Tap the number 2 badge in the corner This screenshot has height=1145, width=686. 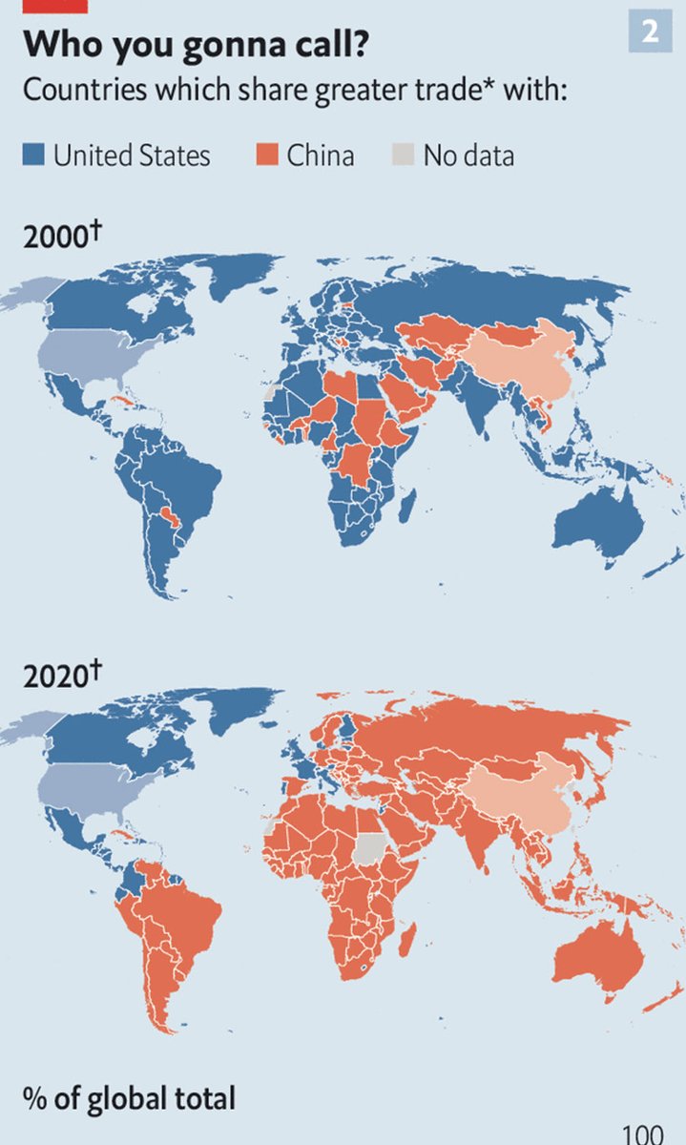coord(650,31)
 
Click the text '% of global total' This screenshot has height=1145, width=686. coord(129,1098)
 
